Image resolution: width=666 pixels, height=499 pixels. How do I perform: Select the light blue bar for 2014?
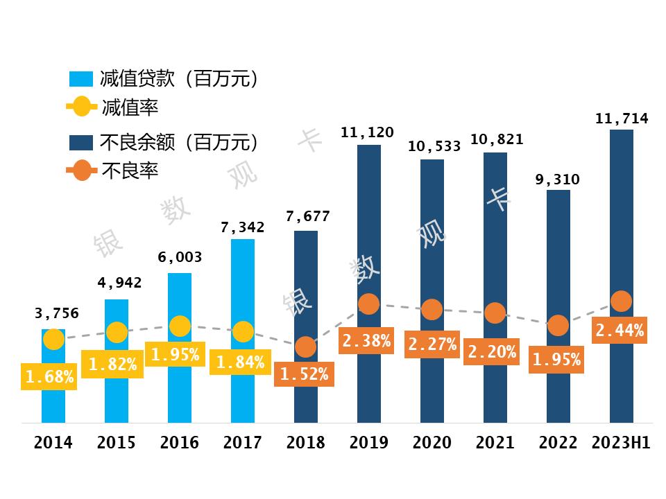coord(53,402)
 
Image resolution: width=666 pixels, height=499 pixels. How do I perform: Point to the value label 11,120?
coord(368,132)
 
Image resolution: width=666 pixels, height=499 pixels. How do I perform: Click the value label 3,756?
coord(57,313)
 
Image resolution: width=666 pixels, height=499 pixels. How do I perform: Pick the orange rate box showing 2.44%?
coord(620,331)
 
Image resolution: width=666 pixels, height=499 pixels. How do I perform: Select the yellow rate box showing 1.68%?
coord(49,376)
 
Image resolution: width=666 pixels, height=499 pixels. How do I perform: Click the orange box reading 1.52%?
coord(305,374)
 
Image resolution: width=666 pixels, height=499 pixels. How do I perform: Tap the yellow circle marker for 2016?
coord(180,326)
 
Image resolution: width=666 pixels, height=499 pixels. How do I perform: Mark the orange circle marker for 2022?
coord(558,325)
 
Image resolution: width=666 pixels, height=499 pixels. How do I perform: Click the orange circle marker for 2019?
coord(368,304)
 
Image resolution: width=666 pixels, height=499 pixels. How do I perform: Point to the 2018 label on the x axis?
coord(305,443)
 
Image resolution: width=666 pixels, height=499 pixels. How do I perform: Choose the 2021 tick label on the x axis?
coord(495,443)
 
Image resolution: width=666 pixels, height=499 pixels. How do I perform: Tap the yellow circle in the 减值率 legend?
coord(81,107)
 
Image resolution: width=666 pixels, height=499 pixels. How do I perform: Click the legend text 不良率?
coord(130,170)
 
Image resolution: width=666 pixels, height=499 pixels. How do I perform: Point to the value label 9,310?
coord(557,180)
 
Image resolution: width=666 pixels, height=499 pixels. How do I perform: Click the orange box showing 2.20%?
coord(492,351)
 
